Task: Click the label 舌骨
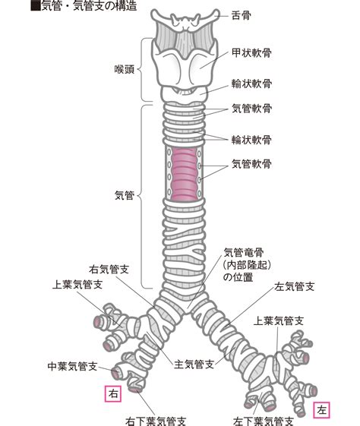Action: [x=241, y=15]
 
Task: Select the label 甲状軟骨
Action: [x=251, y=53]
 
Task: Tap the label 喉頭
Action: [x=124, y=69]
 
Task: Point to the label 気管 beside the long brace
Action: [x=125, y=195]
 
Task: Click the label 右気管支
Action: [x=109, y=270]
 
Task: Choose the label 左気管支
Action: [x=294, y=286]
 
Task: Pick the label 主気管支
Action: [x=194, y=364]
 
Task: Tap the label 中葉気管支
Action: [x=72, y=366]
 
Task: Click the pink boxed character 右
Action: [x=113, y=393]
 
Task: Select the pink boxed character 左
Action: [x=322, y=410]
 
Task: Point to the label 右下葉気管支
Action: [x=156, y=421]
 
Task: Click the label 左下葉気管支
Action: [x=264, y=421]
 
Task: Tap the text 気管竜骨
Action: [x=244, y=253]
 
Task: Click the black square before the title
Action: [x=36, y=6]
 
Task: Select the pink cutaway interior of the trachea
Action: [x=185, y=172]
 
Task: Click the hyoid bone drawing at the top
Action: [x=185, y=20]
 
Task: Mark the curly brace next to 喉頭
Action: [x=143, y=70]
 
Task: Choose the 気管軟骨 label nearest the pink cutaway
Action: [x=251, y=164]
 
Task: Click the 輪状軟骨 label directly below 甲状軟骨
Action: [x=251, y=84]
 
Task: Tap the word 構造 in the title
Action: [x=127, y=6]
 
